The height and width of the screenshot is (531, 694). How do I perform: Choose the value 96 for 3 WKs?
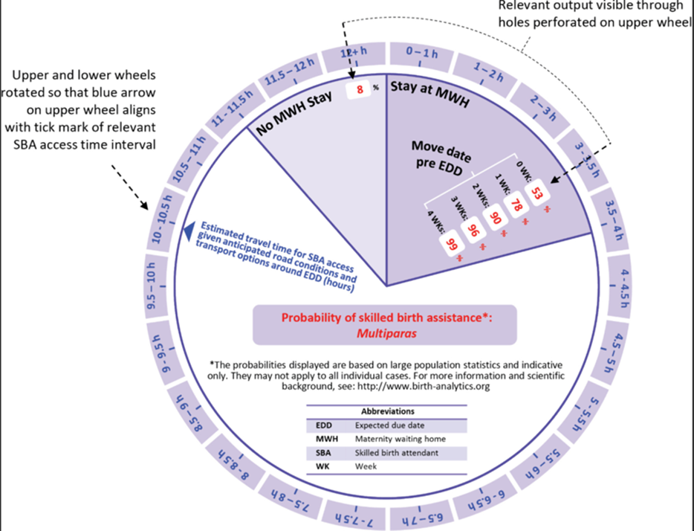472,230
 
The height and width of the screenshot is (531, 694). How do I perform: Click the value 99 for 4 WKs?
450,242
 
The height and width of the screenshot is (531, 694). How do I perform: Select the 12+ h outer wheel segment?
354,53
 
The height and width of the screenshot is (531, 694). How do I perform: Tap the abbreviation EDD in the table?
323,425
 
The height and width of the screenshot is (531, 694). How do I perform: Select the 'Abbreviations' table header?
388,411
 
